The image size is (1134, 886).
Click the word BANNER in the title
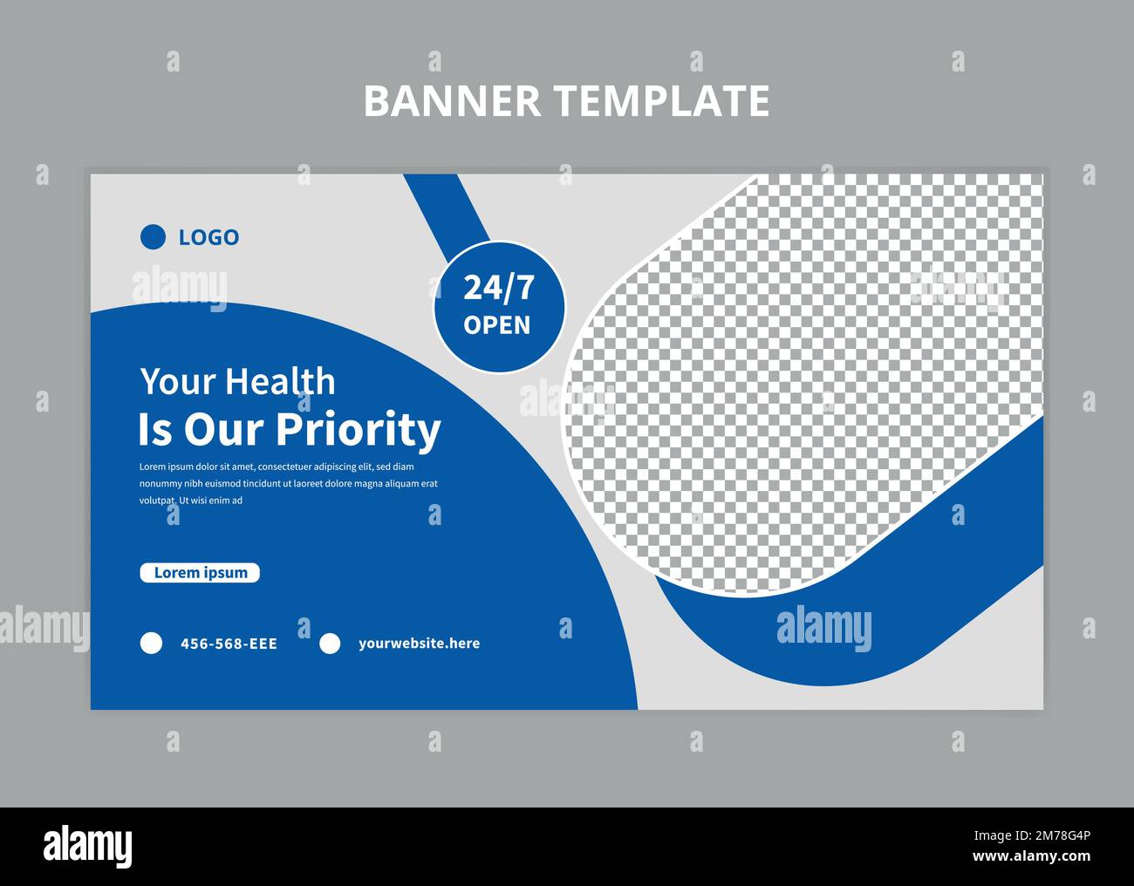click(x=452, y=100)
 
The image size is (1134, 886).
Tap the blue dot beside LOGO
click(x=153, y=237)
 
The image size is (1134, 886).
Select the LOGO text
click(x=208, y=237)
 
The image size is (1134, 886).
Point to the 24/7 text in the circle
click(x=498, y=287)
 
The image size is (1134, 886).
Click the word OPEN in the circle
click(x=497, y=325)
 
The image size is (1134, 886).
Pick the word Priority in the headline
click(x=359, y=430)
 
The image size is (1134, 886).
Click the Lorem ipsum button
click(x=200, y=573)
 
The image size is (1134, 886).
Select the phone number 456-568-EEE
click(x=229, y=644)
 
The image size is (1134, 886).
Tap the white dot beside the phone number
click(x=152, y=644)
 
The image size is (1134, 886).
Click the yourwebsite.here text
click(x=419, y=644)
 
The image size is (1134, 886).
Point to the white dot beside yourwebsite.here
click(x=330, y=644)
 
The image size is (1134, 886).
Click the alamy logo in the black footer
click(x=87, y=846)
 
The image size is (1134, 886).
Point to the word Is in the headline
click(x=154, y=430)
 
